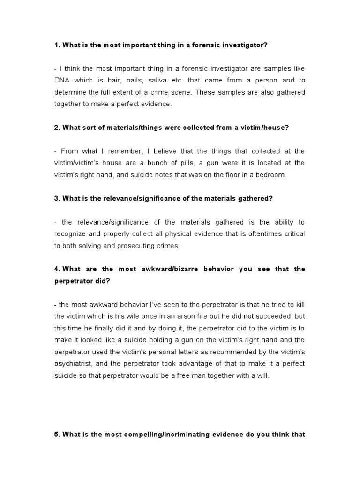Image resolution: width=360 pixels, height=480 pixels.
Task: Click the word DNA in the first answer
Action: coord(62,81)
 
